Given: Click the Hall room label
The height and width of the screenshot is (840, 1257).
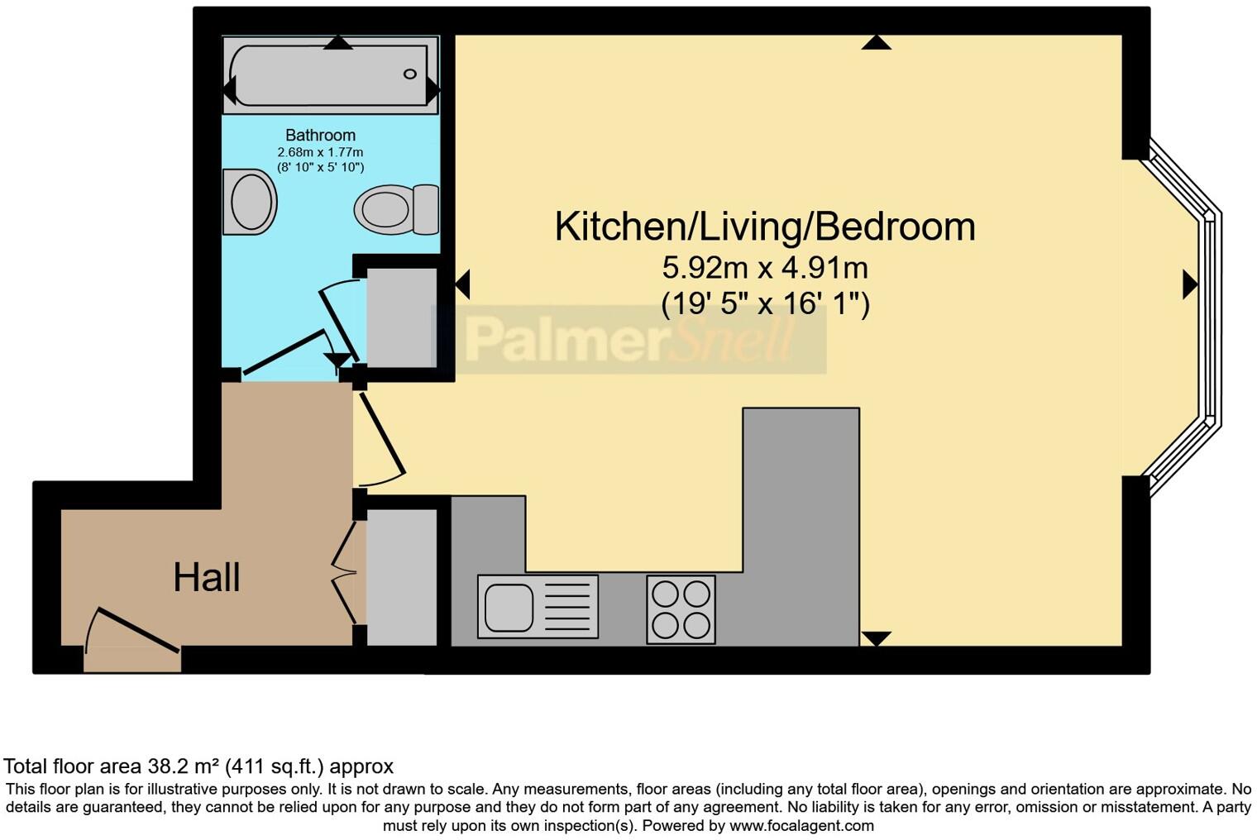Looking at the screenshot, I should tap(206, 577).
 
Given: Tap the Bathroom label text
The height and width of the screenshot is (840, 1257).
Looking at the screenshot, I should tap(320, 135).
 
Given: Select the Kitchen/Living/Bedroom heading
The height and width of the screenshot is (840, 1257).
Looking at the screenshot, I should tap(764, 227).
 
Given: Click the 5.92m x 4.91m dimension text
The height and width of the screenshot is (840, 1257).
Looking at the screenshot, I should tap(764, 268).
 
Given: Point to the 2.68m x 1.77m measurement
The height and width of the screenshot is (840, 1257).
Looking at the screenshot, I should tap(320, 152).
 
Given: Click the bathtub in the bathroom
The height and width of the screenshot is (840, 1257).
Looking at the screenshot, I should tap(330, 75).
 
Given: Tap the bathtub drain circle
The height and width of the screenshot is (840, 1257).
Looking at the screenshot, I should tap(410, 74).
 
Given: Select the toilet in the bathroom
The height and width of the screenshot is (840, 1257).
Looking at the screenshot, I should tap(395, 209).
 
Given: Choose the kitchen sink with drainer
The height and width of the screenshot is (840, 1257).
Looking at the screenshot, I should tap(538, 607).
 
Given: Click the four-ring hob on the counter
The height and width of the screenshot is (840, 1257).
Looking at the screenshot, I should tap(681, 609).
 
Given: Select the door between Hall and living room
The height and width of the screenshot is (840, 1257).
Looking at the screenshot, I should tap(380, 438).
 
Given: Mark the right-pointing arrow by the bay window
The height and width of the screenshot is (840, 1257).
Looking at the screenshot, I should tap(1190, 284).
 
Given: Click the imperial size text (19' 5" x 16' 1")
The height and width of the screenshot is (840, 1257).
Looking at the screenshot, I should tap(764, 303).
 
